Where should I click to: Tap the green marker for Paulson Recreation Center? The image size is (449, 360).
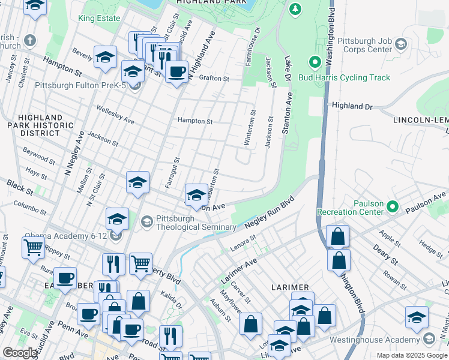click(x=393, y=207)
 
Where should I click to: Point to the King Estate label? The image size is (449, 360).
click(x=99, y=18)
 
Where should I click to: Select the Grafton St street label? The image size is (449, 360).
click(x=214, y=78)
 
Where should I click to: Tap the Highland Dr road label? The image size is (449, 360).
click(x=352, y=106)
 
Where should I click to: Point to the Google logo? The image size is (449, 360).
click(x=20, y=353)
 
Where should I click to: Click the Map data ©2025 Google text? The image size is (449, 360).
click(x=412, y=355)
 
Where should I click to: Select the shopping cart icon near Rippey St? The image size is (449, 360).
click(x=34, y=247)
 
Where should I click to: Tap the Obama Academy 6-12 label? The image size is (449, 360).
click(x=66, y=236)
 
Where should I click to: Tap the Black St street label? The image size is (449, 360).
click(x=20, y=187)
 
